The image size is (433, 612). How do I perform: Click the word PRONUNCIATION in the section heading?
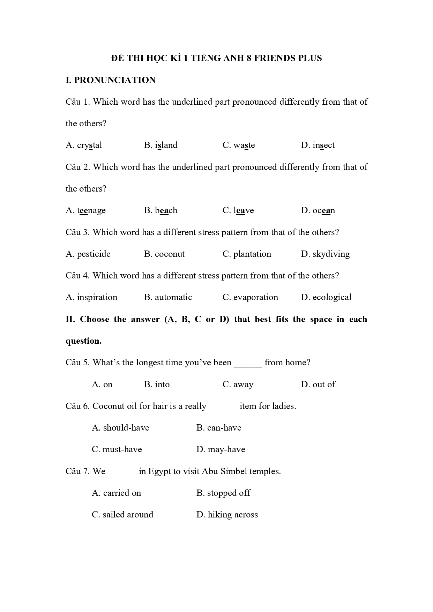pyautogui.click(x=115, y=80)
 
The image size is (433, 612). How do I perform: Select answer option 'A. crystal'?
pyautogui.click(x=84, y=145)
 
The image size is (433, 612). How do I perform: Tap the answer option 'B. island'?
pyautogui.click(x=160, y=145)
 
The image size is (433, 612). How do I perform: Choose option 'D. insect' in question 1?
pyautogui.click(x=318, y=145)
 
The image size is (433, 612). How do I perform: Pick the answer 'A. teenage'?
pyautogui.click(x=85, y=210)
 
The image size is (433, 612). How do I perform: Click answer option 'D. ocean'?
pyautogui.click(x=318, y=210)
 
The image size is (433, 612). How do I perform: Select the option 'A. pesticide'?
pyautogui.click(x=88, y=254)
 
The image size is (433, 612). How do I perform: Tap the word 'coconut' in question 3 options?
pyautogui.click(x=170, y=254)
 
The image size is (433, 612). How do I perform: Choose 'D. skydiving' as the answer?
pyautogui.click(x=325, y=254)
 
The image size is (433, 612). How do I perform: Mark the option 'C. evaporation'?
pyautogui.click(x=250, y=297)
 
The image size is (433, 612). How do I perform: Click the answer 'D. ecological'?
pyautogui.click(x=326, y=297)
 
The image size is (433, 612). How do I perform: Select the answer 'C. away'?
pyautogui.click(x=238, y=385)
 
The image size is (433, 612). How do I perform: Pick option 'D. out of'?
pyautogui.click(x=318, y=385)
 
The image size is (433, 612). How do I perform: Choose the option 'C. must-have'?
pyautogui.click(x=117, y=449)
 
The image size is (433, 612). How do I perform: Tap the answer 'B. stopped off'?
pyautogui.click(x=223, y=493)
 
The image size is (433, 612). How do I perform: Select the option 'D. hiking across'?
pyautogui.click(x=227, y=515)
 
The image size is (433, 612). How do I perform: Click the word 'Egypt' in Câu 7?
pyautogui.click(x=159, y=471)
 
